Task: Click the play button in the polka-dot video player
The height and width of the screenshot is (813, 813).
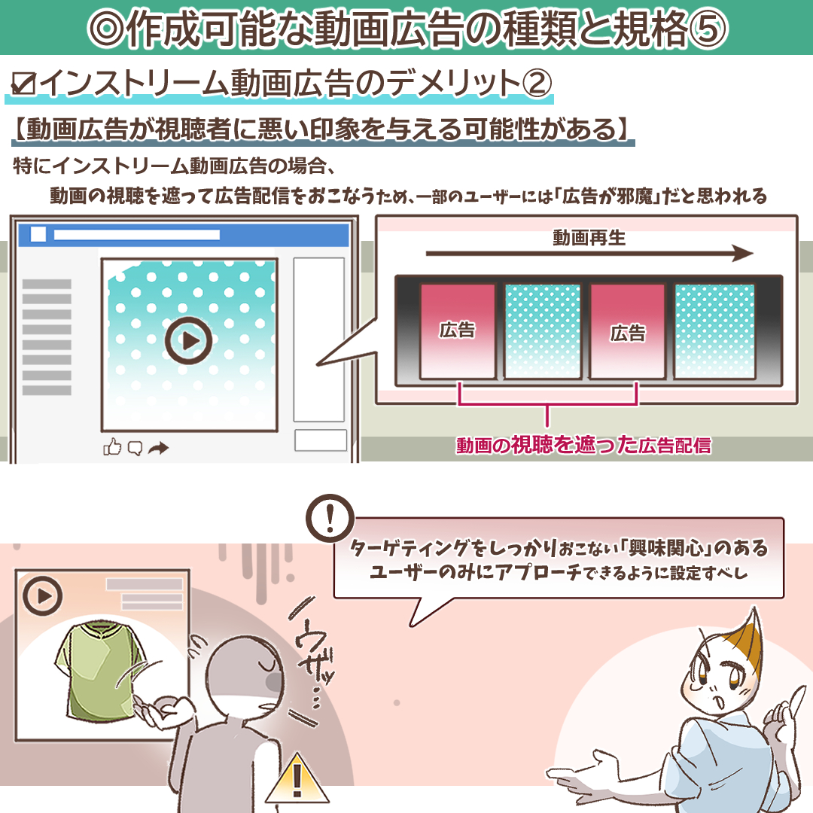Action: click(x=188, y=341)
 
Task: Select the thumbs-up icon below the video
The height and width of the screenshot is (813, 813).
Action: click(x=112, y=447)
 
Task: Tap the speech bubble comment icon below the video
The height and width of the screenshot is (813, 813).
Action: click(x=135, y=448)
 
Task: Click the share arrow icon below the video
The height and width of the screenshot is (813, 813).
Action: click(x=158, y=448)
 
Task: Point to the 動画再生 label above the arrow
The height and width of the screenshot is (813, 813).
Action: click(x=589, y=238)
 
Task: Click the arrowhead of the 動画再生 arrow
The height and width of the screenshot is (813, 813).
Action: click(x=744, y=254)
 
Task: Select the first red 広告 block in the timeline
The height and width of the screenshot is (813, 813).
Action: click(x=458, y=330)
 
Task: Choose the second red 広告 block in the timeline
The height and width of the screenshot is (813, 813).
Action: click(x=627, y=330)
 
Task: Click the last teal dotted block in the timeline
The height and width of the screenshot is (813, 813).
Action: click(x=714, y=330)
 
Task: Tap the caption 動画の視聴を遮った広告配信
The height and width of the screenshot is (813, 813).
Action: click(x=583, y=445)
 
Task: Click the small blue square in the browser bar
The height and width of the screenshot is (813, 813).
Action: click(x=38, y=234)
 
